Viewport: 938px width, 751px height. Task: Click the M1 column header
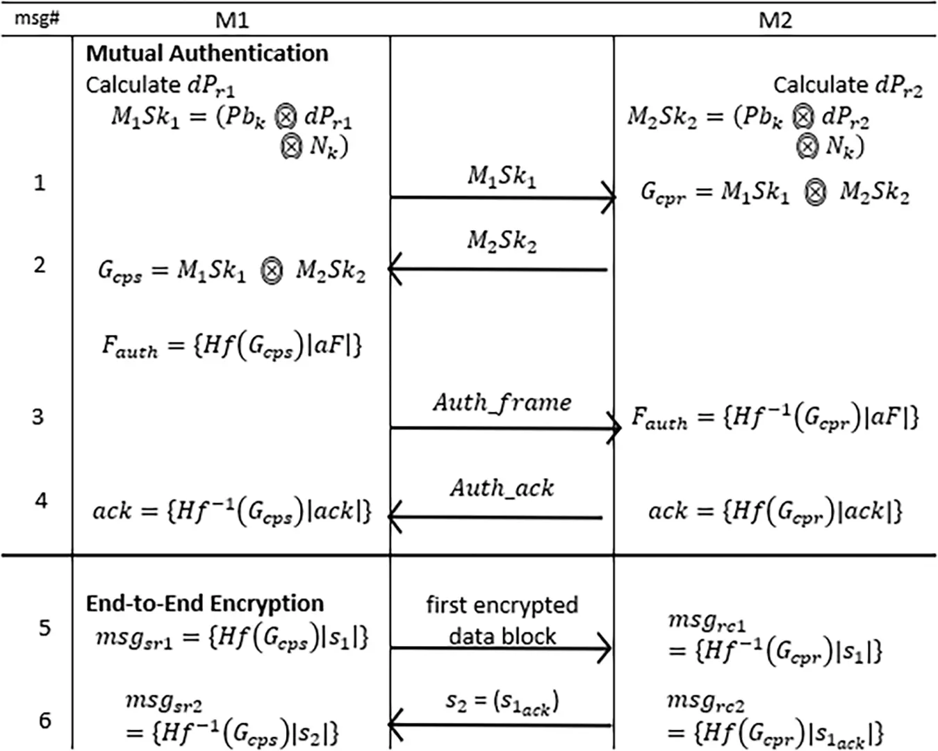click(x=232, y=20)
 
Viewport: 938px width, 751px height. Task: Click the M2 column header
click(x=775, y=20)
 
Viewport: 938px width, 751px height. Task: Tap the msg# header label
click(x=37, y=19)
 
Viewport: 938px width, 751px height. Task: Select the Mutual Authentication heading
click(x=207, y=53)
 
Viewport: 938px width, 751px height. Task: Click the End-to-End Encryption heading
click(x=205, y=604)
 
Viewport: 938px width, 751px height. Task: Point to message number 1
click(x=40, y=183)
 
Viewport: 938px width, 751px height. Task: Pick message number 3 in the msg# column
click(x=38, y=417)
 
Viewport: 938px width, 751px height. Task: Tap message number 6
click(x=45, y=720)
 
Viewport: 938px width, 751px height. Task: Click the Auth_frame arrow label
click(x=502, y=403)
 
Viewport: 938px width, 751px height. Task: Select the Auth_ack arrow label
click(x=502, y=488)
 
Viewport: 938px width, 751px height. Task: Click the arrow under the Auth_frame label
click(x=506, y=427)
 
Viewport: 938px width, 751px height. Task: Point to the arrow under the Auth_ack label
click(x=495, y=518)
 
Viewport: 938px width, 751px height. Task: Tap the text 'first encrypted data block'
click(x=502, y=620)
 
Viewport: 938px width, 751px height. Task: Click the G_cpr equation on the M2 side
click(x=775, y=192)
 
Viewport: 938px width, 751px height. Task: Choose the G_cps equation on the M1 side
click(x=232, y=271)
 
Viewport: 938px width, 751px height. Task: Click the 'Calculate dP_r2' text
click(x=848, y=86)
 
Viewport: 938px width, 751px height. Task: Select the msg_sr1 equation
click(x=232, y=638)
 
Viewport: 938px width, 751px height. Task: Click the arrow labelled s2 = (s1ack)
click(x=500, y=725)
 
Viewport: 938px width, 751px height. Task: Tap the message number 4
click(x=42, y=501)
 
